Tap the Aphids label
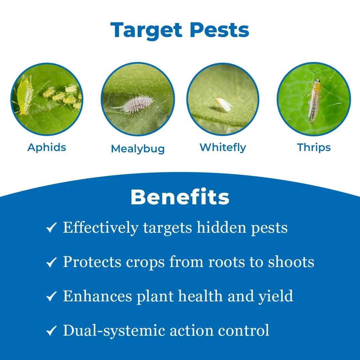47,147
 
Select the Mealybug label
138,149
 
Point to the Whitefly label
223,147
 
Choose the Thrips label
314,147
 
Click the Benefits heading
180,197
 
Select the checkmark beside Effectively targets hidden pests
51,229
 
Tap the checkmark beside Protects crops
51,263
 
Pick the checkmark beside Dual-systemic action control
51,331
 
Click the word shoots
291,262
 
